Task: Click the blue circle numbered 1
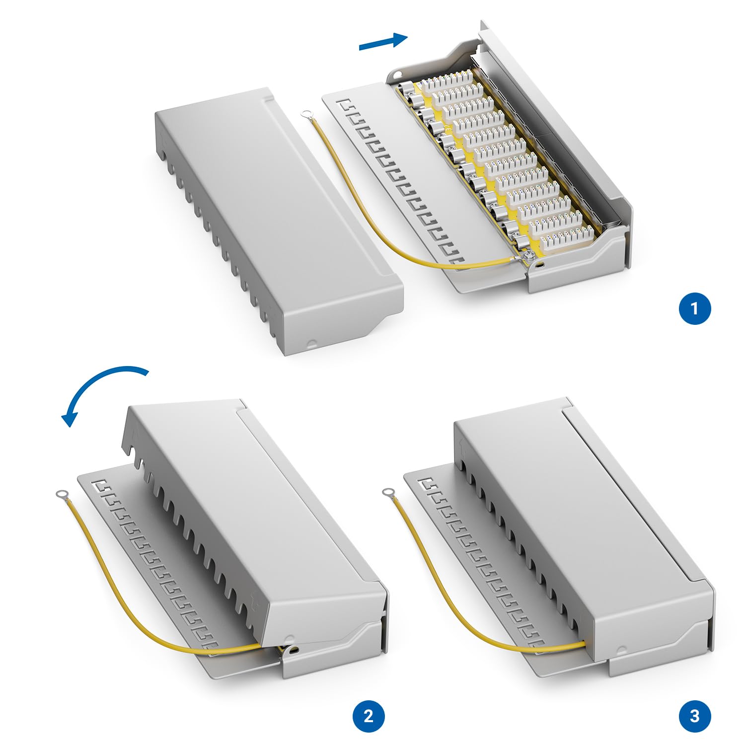(695, 308)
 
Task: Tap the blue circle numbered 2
(369, 716)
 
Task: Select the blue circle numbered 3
(695, 716)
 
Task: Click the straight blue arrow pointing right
(383, 41)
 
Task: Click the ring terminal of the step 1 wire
(306, 114)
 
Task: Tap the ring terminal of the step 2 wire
(63, 494)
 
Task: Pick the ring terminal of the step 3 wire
(388, 493)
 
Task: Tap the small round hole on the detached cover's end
(311, 342)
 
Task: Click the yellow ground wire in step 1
(397, 209)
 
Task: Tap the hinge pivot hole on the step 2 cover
(295, 650)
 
